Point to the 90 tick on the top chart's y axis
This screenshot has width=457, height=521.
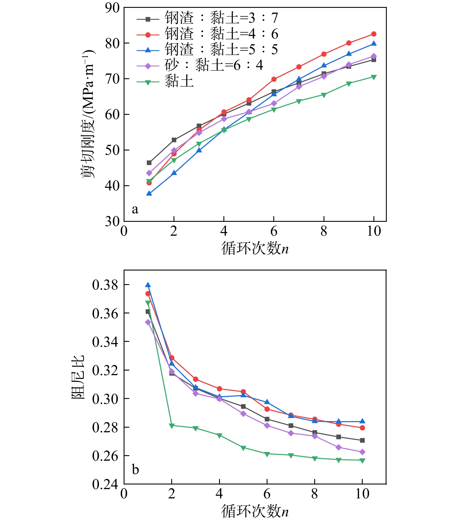point(112,8)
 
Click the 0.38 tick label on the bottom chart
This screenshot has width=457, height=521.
point(105,285)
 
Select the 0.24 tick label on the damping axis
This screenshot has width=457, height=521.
point(105,484)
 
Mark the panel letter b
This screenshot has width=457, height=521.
point(135,469)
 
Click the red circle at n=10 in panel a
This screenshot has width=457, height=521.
point(374,34)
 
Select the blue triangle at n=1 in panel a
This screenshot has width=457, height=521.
point(149,193)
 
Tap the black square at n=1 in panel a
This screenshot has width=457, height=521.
point(149,163)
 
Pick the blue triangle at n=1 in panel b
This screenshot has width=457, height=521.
point(148,285)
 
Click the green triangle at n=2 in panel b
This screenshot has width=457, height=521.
point(172,426)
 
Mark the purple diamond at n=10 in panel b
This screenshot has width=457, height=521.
point(362,452)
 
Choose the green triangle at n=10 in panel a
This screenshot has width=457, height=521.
point(374,77)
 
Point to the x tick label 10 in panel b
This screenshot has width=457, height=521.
point(362,493)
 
